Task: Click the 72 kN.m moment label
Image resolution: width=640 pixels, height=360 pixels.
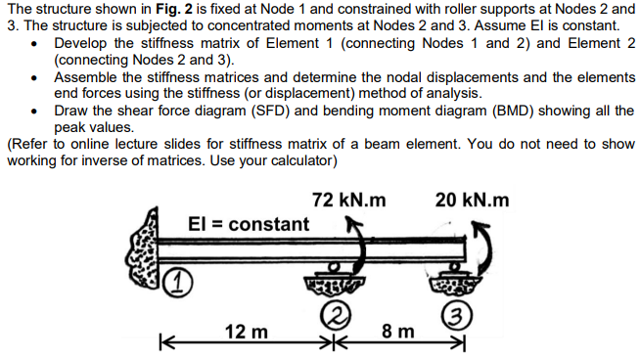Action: tap(348, 201)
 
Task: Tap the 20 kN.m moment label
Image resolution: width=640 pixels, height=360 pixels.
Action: tap(473, 201)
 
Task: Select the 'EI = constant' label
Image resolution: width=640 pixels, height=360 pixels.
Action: tap(248, 225)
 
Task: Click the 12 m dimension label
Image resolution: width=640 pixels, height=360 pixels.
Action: tap(247, 333)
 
